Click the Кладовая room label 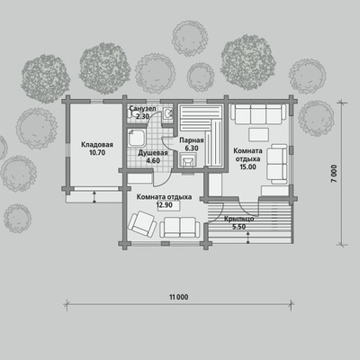click(97, 145)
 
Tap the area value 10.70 click(97, 153)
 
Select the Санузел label click(143, 109)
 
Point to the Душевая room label click(153, 153)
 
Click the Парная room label click(192, 140)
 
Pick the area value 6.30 click(192, 148)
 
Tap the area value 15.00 click(247, 167)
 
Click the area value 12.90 click(164, 205)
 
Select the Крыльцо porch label click(239, 219)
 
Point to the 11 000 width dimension click(179, 297)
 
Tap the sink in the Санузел click(167, 113)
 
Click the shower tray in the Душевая click(137, 138)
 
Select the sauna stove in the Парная click(188, 160)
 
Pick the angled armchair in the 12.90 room click(142, 223)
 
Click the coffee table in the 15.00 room click(258, 135)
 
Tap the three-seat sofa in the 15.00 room click(258, 114)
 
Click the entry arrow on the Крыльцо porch click(248, 238)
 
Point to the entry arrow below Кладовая click(94, 196)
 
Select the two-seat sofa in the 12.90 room click(180, 228)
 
